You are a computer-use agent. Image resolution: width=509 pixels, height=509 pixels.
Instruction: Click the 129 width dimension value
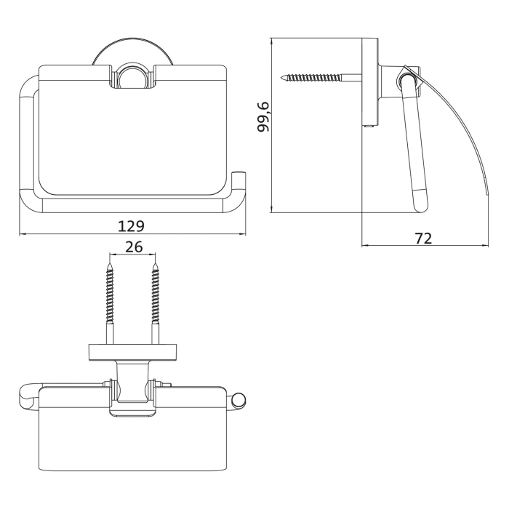[x=132, y=225]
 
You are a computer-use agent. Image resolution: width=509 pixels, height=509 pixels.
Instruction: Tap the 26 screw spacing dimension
[x=133, y=247]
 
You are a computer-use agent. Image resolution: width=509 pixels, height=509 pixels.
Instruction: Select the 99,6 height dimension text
[x=262, y=116]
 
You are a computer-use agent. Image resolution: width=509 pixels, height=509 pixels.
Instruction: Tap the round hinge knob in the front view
[x=132, y=77]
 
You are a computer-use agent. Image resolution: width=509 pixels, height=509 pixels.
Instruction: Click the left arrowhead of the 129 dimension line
[x=21, y=234]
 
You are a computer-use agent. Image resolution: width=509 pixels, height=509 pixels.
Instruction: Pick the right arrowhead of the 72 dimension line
[x=476, y=246]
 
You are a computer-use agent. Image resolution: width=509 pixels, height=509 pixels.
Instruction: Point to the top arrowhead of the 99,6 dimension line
[x=271, y=41]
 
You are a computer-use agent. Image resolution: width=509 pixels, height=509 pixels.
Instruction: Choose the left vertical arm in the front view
[x=26, y=138]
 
